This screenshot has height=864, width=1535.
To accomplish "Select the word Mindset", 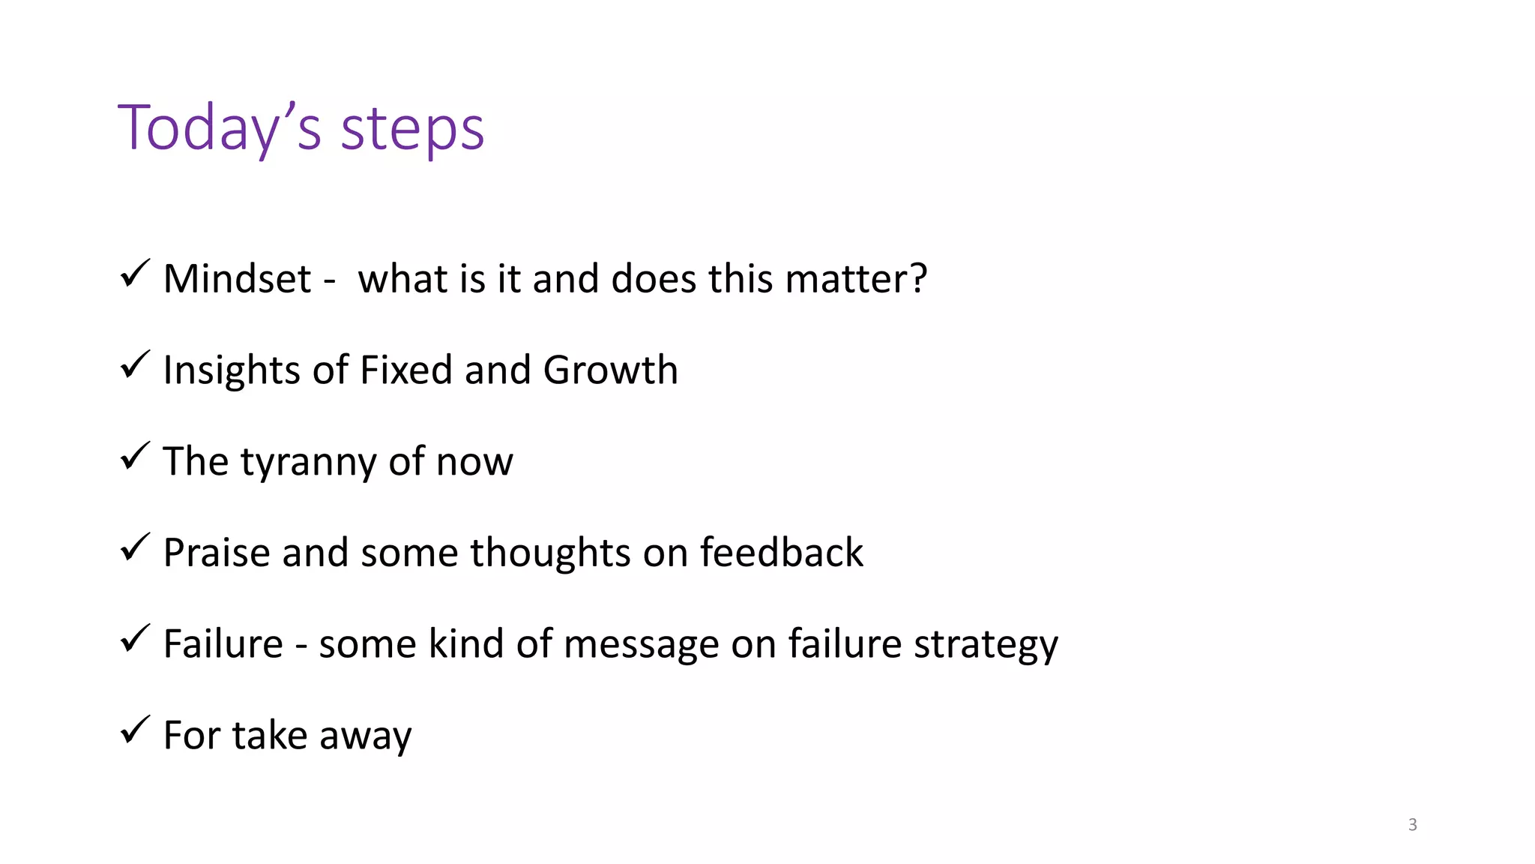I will pos(237,279).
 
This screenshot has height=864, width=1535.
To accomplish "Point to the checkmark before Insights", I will pos(135,365).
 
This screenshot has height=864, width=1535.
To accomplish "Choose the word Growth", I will pos(610,371).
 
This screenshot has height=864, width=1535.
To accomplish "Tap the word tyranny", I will pos(308,463).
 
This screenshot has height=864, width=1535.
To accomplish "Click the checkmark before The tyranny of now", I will pos(135,457).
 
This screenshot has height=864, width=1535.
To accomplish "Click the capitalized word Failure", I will pos(223,644).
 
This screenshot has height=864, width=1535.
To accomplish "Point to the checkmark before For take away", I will pos(135,730).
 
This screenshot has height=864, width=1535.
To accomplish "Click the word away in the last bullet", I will pos(365,736).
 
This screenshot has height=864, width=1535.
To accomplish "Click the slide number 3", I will pos(1412,825).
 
